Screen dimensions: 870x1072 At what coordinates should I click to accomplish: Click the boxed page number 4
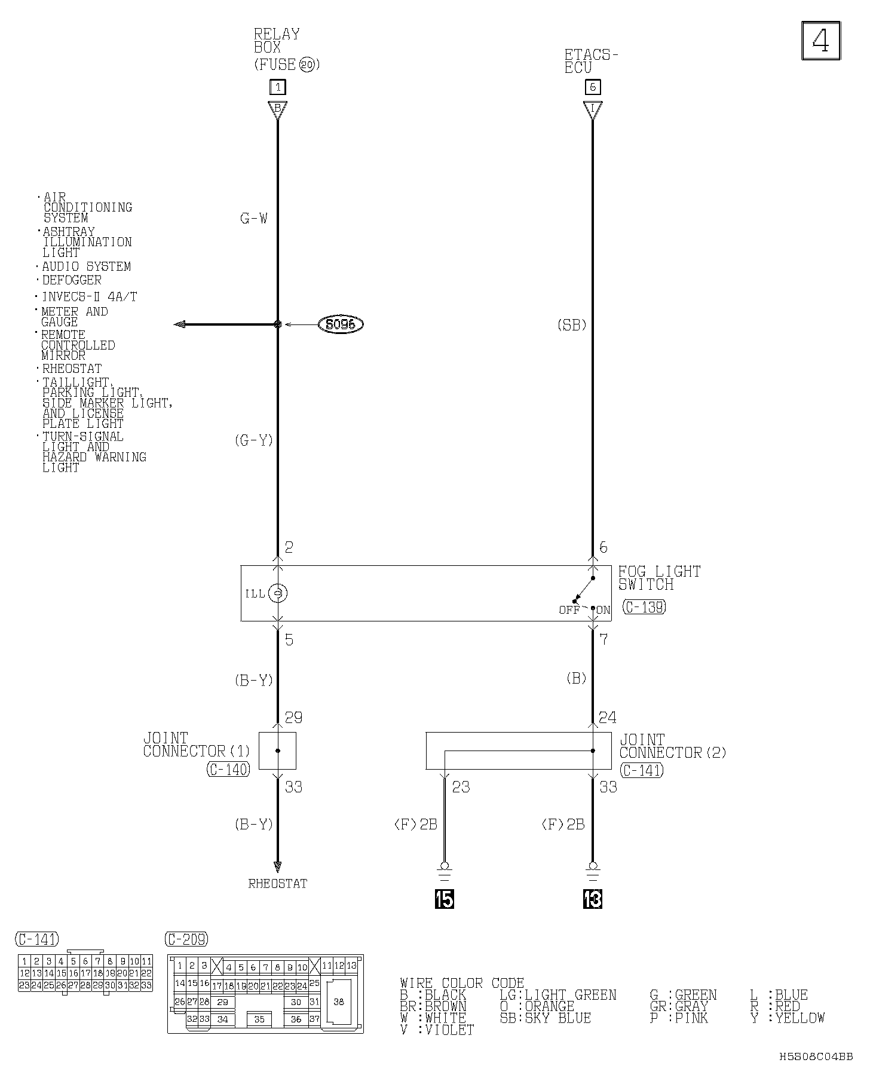pyautogui.click(x=820, y=41)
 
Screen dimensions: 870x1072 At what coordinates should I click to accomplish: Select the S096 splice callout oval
pyautogui.click(x=341, y=324)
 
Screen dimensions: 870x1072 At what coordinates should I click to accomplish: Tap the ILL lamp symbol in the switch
pyautogui.click(x=278, y=593)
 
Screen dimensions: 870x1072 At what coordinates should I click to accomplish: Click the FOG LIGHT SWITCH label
pyautogui.click(x=658, y=578)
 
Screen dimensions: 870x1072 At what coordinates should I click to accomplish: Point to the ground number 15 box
pyautogui.click(x=444, y=899)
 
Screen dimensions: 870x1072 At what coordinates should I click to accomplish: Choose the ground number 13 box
pyautogui.click(x=592, y=899)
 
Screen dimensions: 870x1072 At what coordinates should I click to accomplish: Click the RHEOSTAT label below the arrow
pyautogui.click(x=278, y=884)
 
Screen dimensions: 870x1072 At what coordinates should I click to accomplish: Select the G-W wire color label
pyautogui.click(x=254, y=219)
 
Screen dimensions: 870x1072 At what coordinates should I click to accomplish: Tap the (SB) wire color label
pyautogui.click(x=572, y=325)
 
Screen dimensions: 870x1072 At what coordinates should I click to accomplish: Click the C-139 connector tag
pyautogui.click(x=644, y=607)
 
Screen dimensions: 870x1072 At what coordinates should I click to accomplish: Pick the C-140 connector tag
pyautogui.click(x=228, y=770)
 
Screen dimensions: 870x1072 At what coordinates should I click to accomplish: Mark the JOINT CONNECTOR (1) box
pyautogui.click(x=277, y=751)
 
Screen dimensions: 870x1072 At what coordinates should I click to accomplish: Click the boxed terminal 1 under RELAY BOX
pyautogui.click(x=277, y=87)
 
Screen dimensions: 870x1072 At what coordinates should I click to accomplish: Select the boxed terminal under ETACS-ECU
pyautogui.click(x=592, y=87)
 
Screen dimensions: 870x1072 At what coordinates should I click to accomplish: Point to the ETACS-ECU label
pyautogui.click(x=590, y=61)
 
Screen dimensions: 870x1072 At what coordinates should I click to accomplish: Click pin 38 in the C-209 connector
pyautogui.click(x=339, y=1002)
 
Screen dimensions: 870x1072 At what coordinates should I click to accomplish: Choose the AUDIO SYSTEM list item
pyautogui.click(x=86, y=267)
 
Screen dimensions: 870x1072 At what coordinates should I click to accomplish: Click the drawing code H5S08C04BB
pyautogui.click(x=816, y=1056)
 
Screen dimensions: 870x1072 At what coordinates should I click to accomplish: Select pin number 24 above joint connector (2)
pyautogui.click(x=607, y=717)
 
